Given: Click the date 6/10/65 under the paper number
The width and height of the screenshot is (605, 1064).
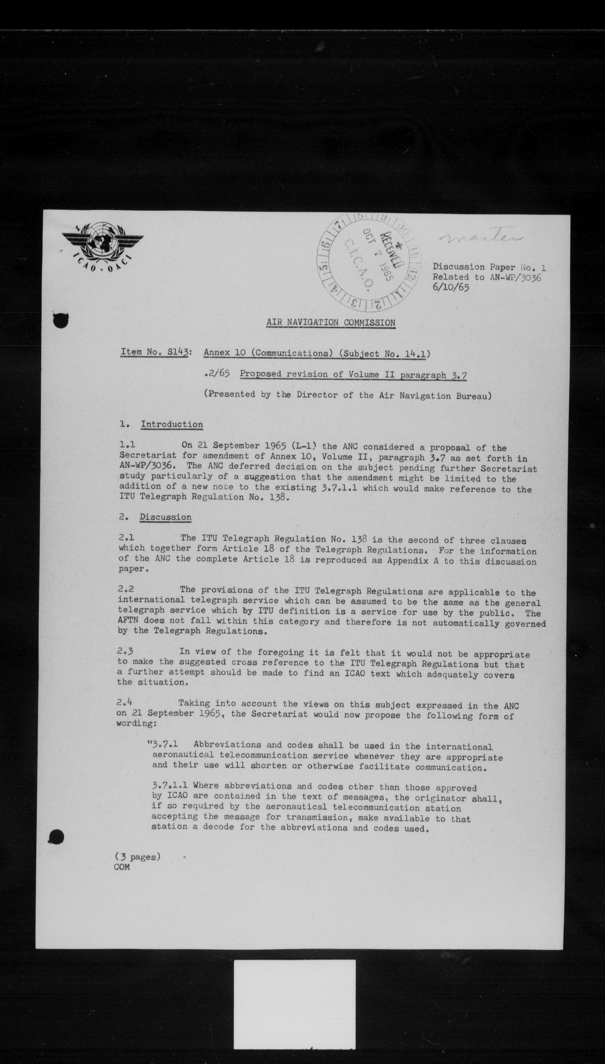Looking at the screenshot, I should click(x=451, y=287).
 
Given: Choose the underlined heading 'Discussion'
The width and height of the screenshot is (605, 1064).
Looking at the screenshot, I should click(x=165, y=517).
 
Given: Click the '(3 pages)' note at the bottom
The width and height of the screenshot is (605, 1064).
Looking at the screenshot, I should click(x=137, y=856).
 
